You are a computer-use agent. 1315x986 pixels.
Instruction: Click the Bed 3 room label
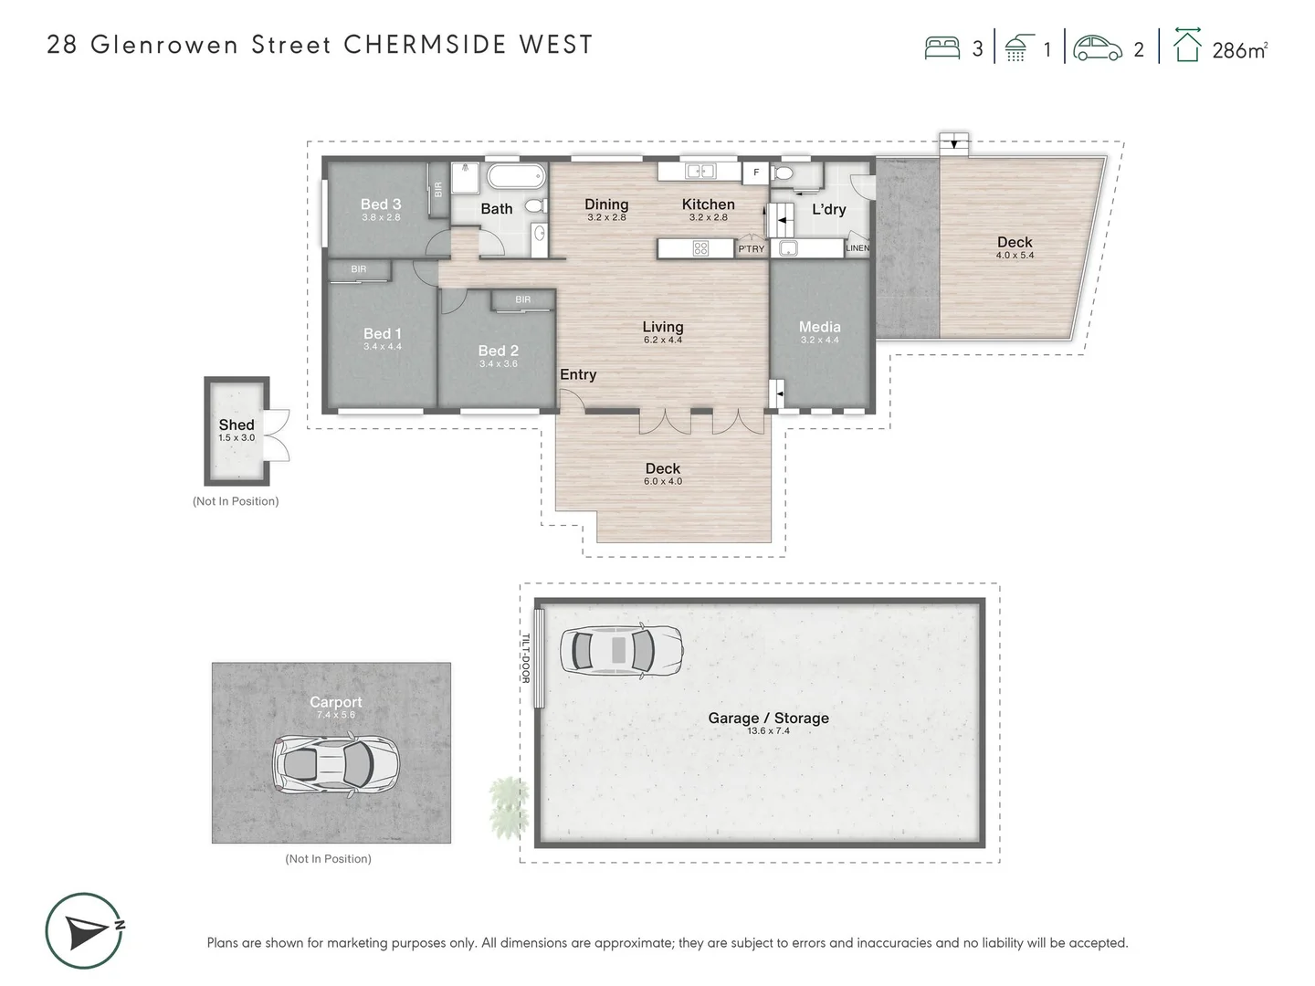coord(381,205)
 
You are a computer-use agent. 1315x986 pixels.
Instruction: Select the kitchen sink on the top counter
coord(700,171)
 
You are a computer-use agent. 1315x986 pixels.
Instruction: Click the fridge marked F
coord(756,172)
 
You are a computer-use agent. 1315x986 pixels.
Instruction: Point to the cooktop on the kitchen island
coord(700,247)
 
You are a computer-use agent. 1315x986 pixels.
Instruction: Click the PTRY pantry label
coord(752,248)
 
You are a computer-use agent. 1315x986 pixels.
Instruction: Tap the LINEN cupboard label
coord(857,247)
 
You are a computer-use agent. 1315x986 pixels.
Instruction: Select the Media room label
coord(819,327)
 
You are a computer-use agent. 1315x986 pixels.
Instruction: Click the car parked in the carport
coord(336,765)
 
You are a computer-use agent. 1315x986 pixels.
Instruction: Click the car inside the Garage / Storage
coord(621,651)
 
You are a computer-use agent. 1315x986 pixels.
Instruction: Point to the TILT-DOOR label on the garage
coord(526,657)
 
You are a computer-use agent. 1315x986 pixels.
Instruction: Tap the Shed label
coord(237,425)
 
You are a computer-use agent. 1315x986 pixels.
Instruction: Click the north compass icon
coord(85,931)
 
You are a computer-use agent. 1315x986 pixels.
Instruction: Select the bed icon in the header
coord(942,48)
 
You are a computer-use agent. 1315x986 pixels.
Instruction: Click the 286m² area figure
coord(1239,50)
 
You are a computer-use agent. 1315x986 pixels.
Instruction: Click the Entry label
coord(578,374)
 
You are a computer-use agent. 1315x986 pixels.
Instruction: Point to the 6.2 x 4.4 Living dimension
coord(662,340)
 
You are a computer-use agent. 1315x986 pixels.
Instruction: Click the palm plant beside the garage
coord(509,807)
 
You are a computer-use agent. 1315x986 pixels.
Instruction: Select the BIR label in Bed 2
coord(522,299)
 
